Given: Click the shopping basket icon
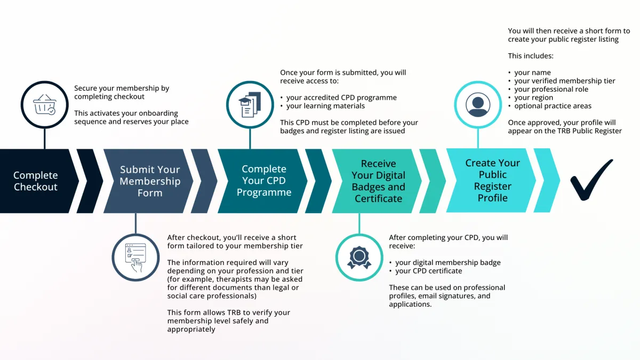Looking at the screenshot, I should pos(44,105).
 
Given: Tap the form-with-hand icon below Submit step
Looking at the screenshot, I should pos(135,257).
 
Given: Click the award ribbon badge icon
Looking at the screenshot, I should pos(359,257).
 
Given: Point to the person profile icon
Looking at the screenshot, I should pos(477,104).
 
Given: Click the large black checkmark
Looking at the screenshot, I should pos(591,180).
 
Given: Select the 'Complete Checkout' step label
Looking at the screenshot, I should pos(36,181).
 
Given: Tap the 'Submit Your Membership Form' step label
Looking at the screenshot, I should pos(150,181).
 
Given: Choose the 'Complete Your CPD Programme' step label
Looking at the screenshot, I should pos(264,180).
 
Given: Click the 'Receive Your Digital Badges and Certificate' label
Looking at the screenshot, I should pos(378,181).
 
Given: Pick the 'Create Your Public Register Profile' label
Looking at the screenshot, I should pos(492,180).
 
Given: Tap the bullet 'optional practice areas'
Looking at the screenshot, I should pos(553,106).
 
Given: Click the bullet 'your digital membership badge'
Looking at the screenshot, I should pos(447,262).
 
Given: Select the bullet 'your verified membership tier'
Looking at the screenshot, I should pos(564,81).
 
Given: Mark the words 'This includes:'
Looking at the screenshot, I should pos(531,55).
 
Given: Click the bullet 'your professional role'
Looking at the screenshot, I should pos(551,89).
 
